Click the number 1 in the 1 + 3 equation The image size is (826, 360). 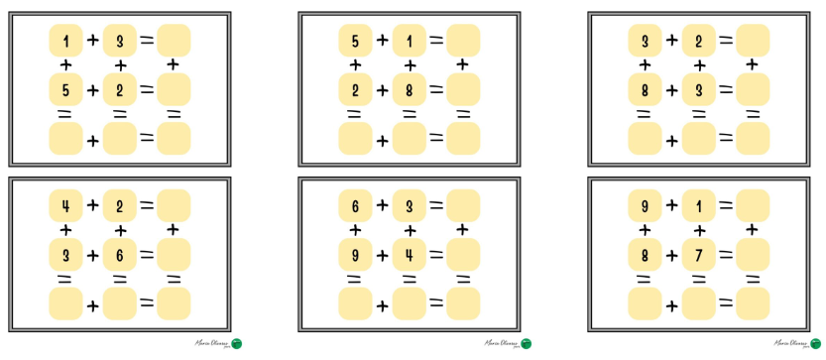click(65, 41)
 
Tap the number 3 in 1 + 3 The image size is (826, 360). click(119, 41)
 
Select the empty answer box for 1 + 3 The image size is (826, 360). click(173, 41)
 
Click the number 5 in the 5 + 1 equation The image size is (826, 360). click(355, 41)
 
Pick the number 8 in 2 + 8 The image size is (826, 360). click(409, 90)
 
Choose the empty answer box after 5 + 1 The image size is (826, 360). click(462, 41)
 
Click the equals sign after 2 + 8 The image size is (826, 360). click(435, 90)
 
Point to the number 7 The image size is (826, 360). click(698, 255)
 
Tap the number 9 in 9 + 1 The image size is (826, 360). click(645, 205)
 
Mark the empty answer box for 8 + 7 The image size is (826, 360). click(752, 255)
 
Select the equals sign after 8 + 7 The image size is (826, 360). click(725, 255)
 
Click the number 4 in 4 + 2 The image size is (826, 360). click(65, 205)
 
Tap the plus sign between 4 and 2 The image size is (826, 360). click(92, 205)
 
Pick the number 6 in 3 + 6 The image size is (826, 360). click(119, 255)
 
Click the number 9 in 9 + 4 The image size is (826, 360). click(355, 255)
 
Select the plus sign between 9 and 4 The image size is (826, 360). click(382, 255)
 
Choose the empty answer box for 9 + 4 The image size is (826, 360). click(462, 255)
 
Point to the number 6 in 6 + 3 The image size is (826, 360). click(355, 205)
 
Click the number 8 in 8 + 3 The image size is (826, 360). click(645, 90)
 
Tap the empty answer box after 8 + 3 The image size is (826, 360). click(752, 90)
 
